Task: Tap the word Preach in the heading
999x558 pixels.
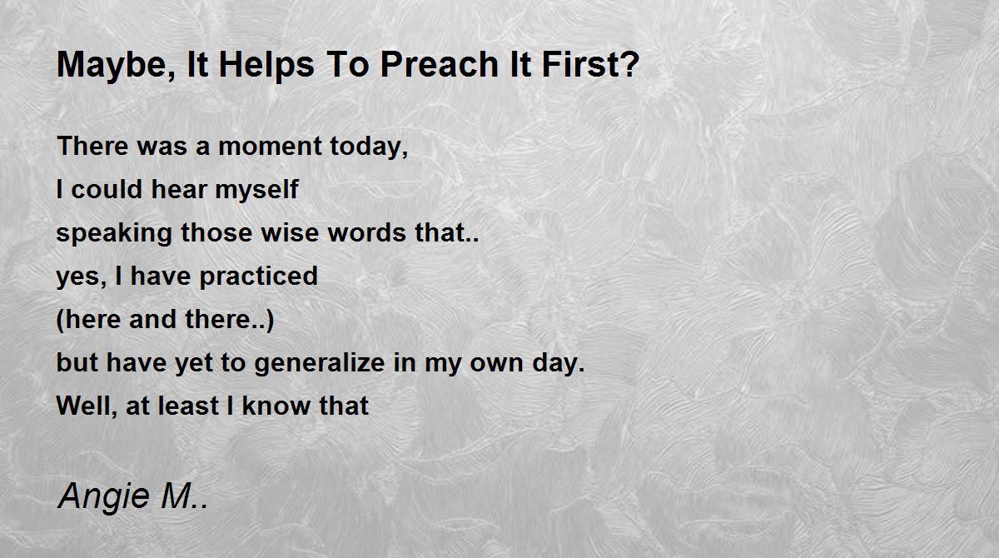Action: [x=439, y=64]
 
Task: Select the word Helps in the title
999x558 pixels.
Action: [x=266, y=66]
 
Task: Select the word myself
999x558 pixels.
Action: [x=256, y=191]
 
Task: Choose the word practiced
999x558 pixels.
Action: [x=258, y=277]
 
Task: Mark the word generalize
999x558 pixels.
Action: [x=320, y=363]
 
